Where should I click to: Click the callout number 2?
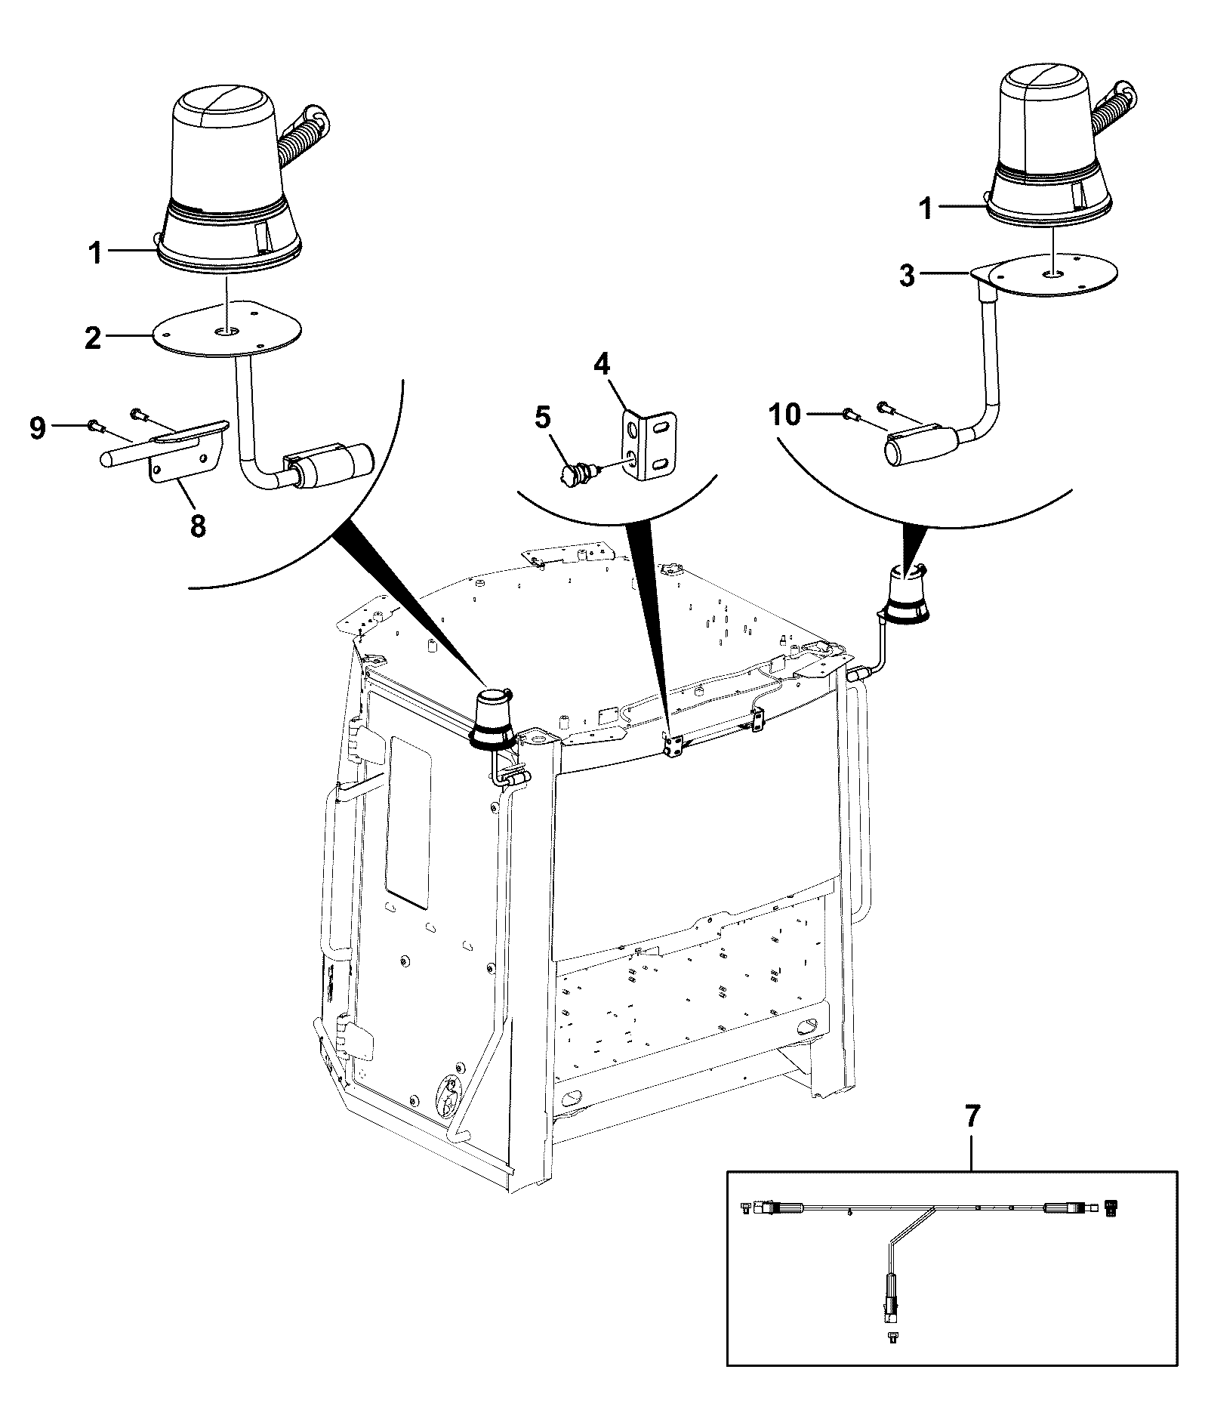pyautogui.click(x=93, y=338)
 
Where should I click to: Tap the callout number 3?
pyautogui.click(x=907, y=276)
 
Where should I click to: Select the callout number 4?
pyautogui.click(x=602, y=365)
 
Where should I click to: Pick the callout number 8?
pyautogui.click(x=198, y=526)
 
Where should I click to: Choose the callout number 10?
pyautogui.click(x=786, y=414)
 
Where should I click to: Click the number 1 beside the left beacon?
pyautogui.click(x=95, y=254)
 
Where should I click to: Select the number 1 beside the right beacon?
pyautogui.click(x=924, y=208)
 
